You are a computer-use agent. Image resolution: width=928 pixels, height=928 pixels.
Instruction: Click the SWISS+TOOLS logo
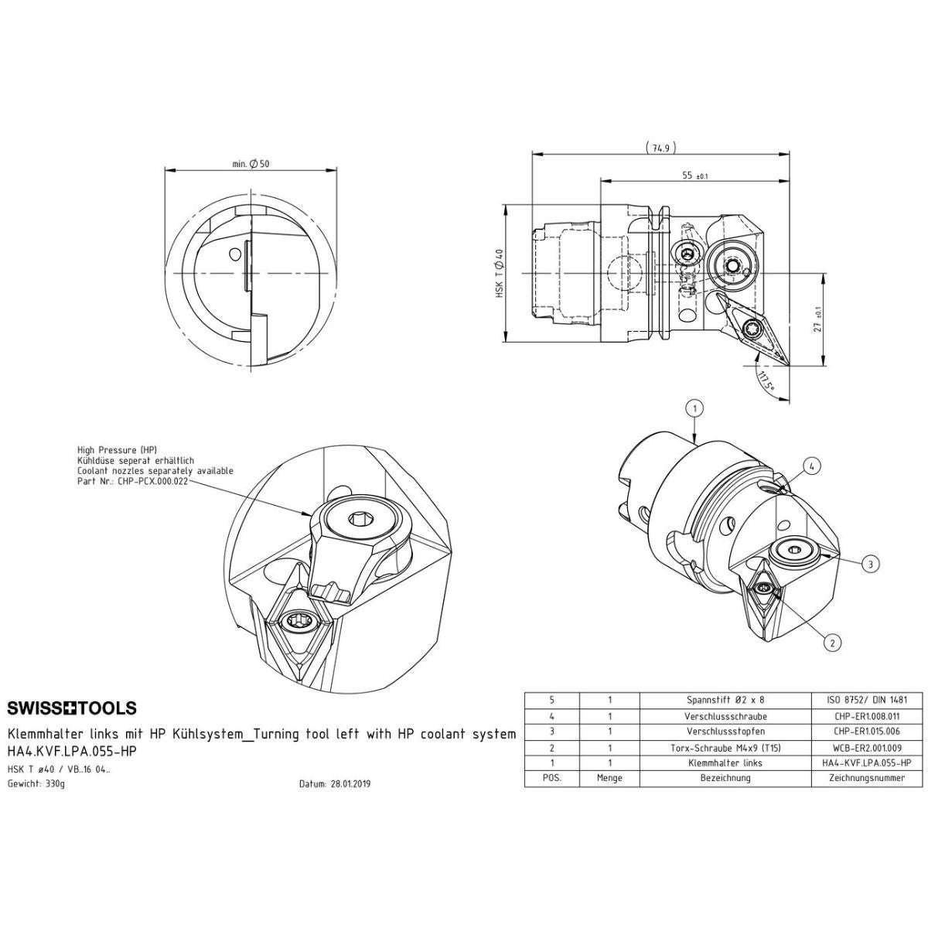pos(72,708)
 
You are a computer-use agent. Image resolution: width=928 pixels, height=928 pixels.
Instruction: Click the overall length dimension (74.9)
pos(660,148)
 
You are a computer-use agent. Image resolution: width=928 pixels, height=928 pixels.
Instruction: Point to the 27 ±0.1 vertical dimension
pos(817,319)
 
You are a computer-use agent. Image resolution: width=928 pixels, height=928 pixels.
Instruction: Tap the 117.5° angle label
pos(766,380)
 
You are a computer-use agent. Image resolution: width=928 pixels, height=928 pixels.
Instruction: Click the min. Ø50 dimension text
pos(251,164)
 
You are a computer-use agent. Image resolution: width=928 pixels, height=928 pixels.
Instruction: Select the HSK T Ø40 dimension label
pos(500,273)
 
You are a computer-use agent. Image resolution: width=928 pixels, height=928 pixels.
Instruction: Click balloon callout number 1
pos(694,409)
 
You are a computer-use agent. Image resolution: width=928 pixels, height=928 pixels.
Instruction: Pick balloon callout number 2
pos(833,643)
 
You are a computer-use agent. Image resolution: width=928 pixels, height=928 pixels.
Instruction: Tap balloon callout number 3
pos(870,564)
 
